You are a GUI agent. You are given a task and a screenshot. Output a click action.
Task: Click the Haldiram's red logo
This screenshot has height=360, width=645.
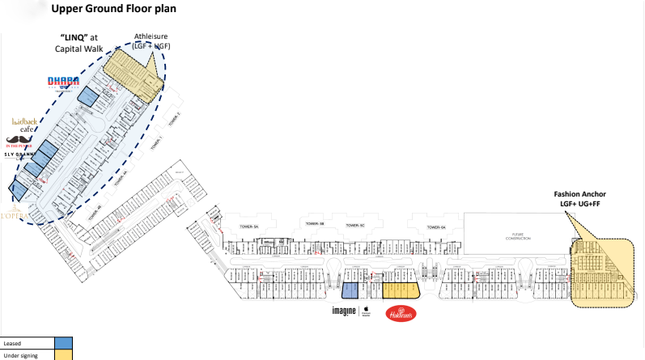401,313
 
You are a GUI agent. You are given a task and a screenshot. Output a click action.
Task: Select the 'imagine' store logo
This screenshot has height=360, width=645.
344,311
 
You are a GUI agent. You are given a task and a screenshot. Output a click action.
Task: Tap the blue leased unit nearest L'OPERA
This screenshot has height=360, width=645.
18,192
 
